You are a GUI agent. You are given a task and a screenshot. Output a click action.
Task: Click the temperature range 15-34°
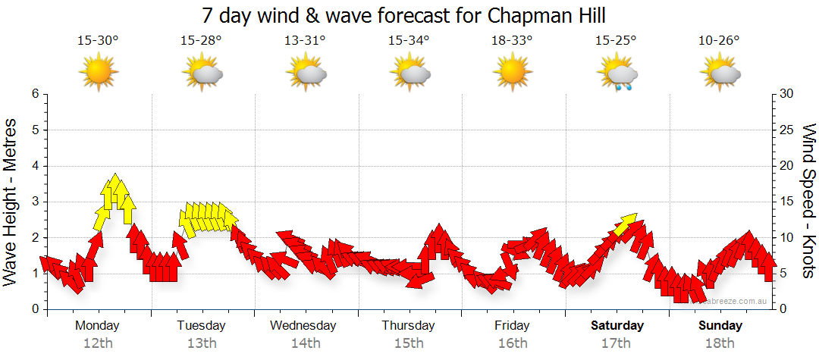coord(409,41)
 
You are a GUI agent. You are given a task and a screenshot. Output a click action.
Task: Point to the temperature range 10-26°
coord(720,41)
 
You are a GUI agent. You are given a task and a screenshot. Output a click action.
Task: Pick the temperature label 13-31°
coord(305,41)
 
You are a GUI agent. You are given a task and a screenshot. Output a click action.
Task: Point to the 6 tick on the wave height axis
coord(35,94)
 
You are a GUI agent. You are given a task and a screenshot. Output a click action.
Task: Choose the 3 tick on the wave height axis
coord(35,202)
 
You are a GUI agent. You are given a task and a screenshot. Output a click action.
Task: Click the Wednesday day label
coord(303,326)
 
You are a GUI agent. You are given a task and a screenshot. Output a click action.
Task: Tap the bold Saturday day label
coord(617,326)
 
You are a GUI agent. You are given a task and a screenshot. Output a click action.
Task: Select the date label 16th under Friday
coord(513,343)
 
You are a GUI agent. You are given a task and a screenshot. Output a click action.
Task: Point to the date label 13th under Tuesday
coord(201,343)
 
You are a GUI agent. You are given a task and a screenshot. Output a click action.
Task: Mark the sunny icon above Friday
coord(513,74)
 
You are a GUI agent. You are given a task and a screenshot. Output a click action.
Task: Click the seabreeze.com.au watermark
coord(736,302)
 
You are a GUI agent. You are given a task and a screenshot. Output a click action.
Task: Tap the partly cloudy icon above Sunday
coord(720,74)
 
